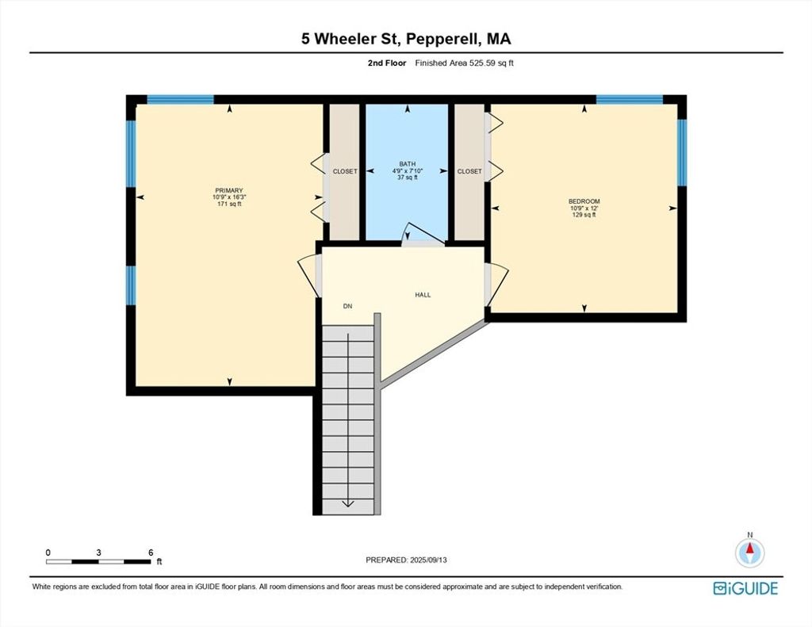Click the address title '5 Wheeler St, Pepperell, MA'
[x=406, y=39]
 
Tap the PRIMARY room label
[x=229, y=190]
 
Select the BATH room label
[x=407, y=164]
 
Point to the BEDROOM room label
[x=584, y=201]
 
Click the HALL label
[x=423, y=295]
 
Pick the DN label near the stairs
[x=347, y=307]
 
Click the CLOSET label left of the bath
[x=345, y=171]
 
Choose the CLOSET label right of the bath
[x=469, y=171]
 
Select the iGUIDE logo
[x=745, y=589]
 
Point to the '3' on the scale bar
[x=98, y=552]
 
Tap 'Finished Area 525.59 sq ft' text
[x=465, y=63]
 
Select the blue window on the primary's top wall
[x=180, y=99]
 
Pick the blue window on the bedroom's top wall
[x=629, y=99]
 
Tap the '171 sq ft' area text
[x=229, y=204]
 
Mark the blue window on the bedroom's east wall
[x=682, y=153]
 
